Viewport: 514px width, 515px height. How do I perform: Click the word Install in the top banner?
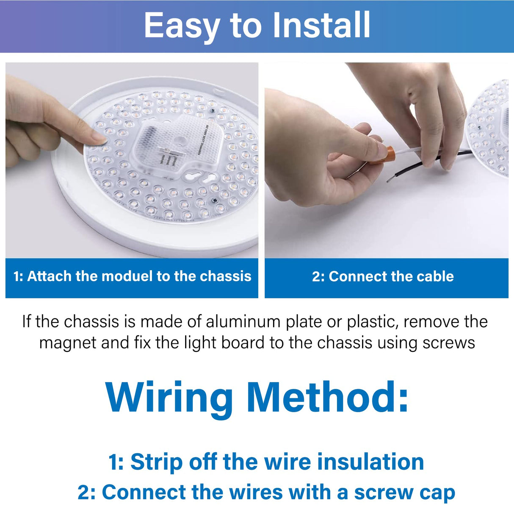click(x=321, y=25)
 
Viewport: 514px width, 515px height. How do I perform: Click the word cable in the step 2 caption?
click(x=435, y=276)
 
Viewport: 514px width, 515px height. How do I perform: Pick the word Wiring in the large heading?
click(x=169, y=397)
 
